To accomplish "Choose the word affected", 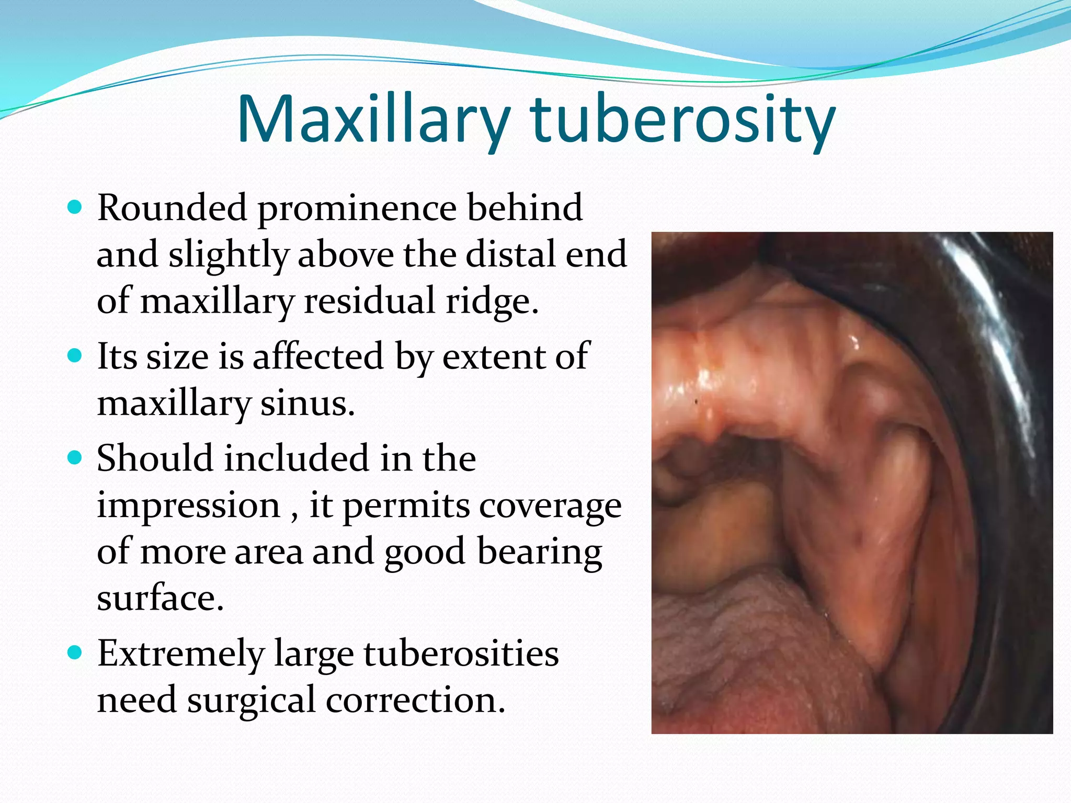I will [x=318, y=357].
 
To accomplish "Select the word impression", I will [x=189, y=506].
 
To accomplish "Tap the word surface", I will [x=160, y=599].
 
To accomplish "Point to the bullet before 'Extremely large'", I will [x=75, y=653].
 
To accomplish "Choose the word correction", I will [x=416, y=701].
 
